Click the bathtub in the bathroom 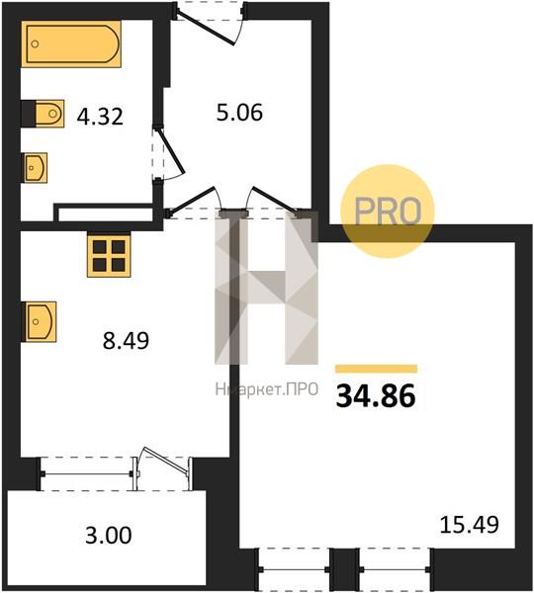[71, 43]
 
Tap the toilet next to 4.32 [49, 113]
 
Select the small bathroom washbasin [36, 168]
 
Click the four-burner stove [109, 256]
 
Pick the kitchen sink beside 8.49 [41, 322]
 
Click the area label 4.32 [100, 117]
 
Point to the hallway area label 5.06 [239, 113]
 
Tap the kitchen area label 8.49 [126, 340]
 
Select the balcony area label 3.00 [109, 536]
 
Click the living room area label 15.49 [470, 525]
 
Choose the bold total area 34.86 [376, 396]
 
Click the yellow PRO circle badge [388, 212]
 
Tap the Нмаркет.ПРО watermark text [267, 389]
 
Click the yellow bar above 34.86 [376, 369]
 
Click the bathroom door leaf [170, 150]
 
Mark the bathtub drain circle [35, 43]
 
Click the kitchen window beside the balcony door [87, 473]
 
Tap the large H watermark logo [266, 289]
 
